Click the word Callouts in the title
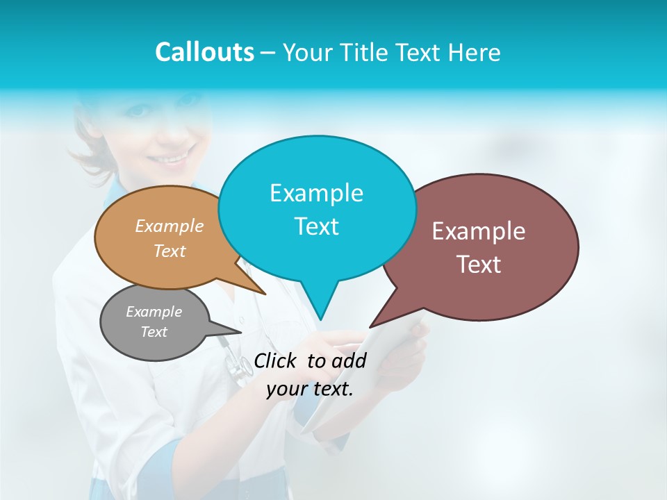pos(204,52)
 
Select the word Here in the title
pos(474,52)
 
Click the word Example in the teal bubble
pos(316,193)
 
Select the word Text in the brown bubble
pos(479,265)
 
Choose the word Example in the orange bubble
pos(170,226)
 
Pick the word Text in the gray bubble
pos(154,332)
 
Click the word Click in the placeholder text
pos(276,360)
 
